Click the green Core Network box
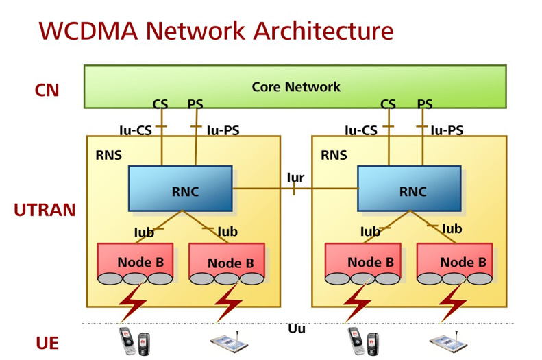pos(295,86)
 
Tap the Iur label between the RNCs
pos(295,178)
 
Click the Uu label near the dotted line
pos(297,329)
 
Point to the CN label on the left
pos(47,91)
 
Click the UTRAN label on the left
pos(45,211)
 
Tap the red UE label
pos(47,343)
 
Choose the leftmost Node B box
pos(135,262)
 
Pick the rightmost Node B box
pos(455,262)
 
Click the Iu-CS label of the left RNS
pos(136,130)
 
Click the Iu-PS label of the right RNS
pos(446,130)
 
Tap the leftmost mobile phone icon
pos(134,341)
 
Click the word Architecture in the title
pos(323,31)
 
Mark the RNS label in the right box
pos(334,156)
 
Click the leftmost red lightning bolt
pos(134,302)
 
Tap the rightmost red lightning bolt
pos(453,302)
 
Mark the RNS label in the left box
pos(109,156)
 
